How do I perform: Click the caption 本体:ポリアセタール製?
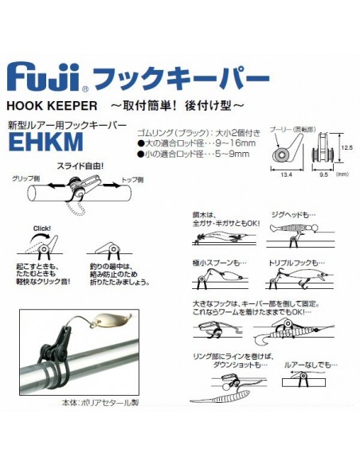[101, 403]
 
